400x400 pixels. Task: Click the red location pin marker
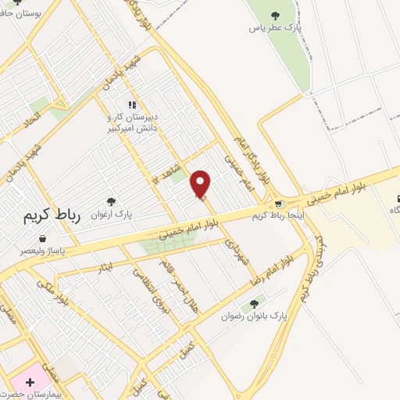[x=201, y=184]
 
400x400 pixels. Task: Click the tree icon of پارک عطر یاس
[x=274, y=15]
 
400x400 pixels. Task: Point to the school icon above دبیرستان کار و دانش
[x=132, y=105]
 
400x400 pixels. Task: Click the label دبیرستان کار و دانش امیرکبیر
[x=132, y=121]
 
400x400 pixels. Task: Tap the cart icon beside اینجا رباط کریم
[x=279, y=204]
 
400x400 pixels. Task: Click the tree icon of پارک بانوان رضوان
[x=253, y=304]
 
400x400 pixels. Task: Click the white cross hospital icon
[x=30, y=383]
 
